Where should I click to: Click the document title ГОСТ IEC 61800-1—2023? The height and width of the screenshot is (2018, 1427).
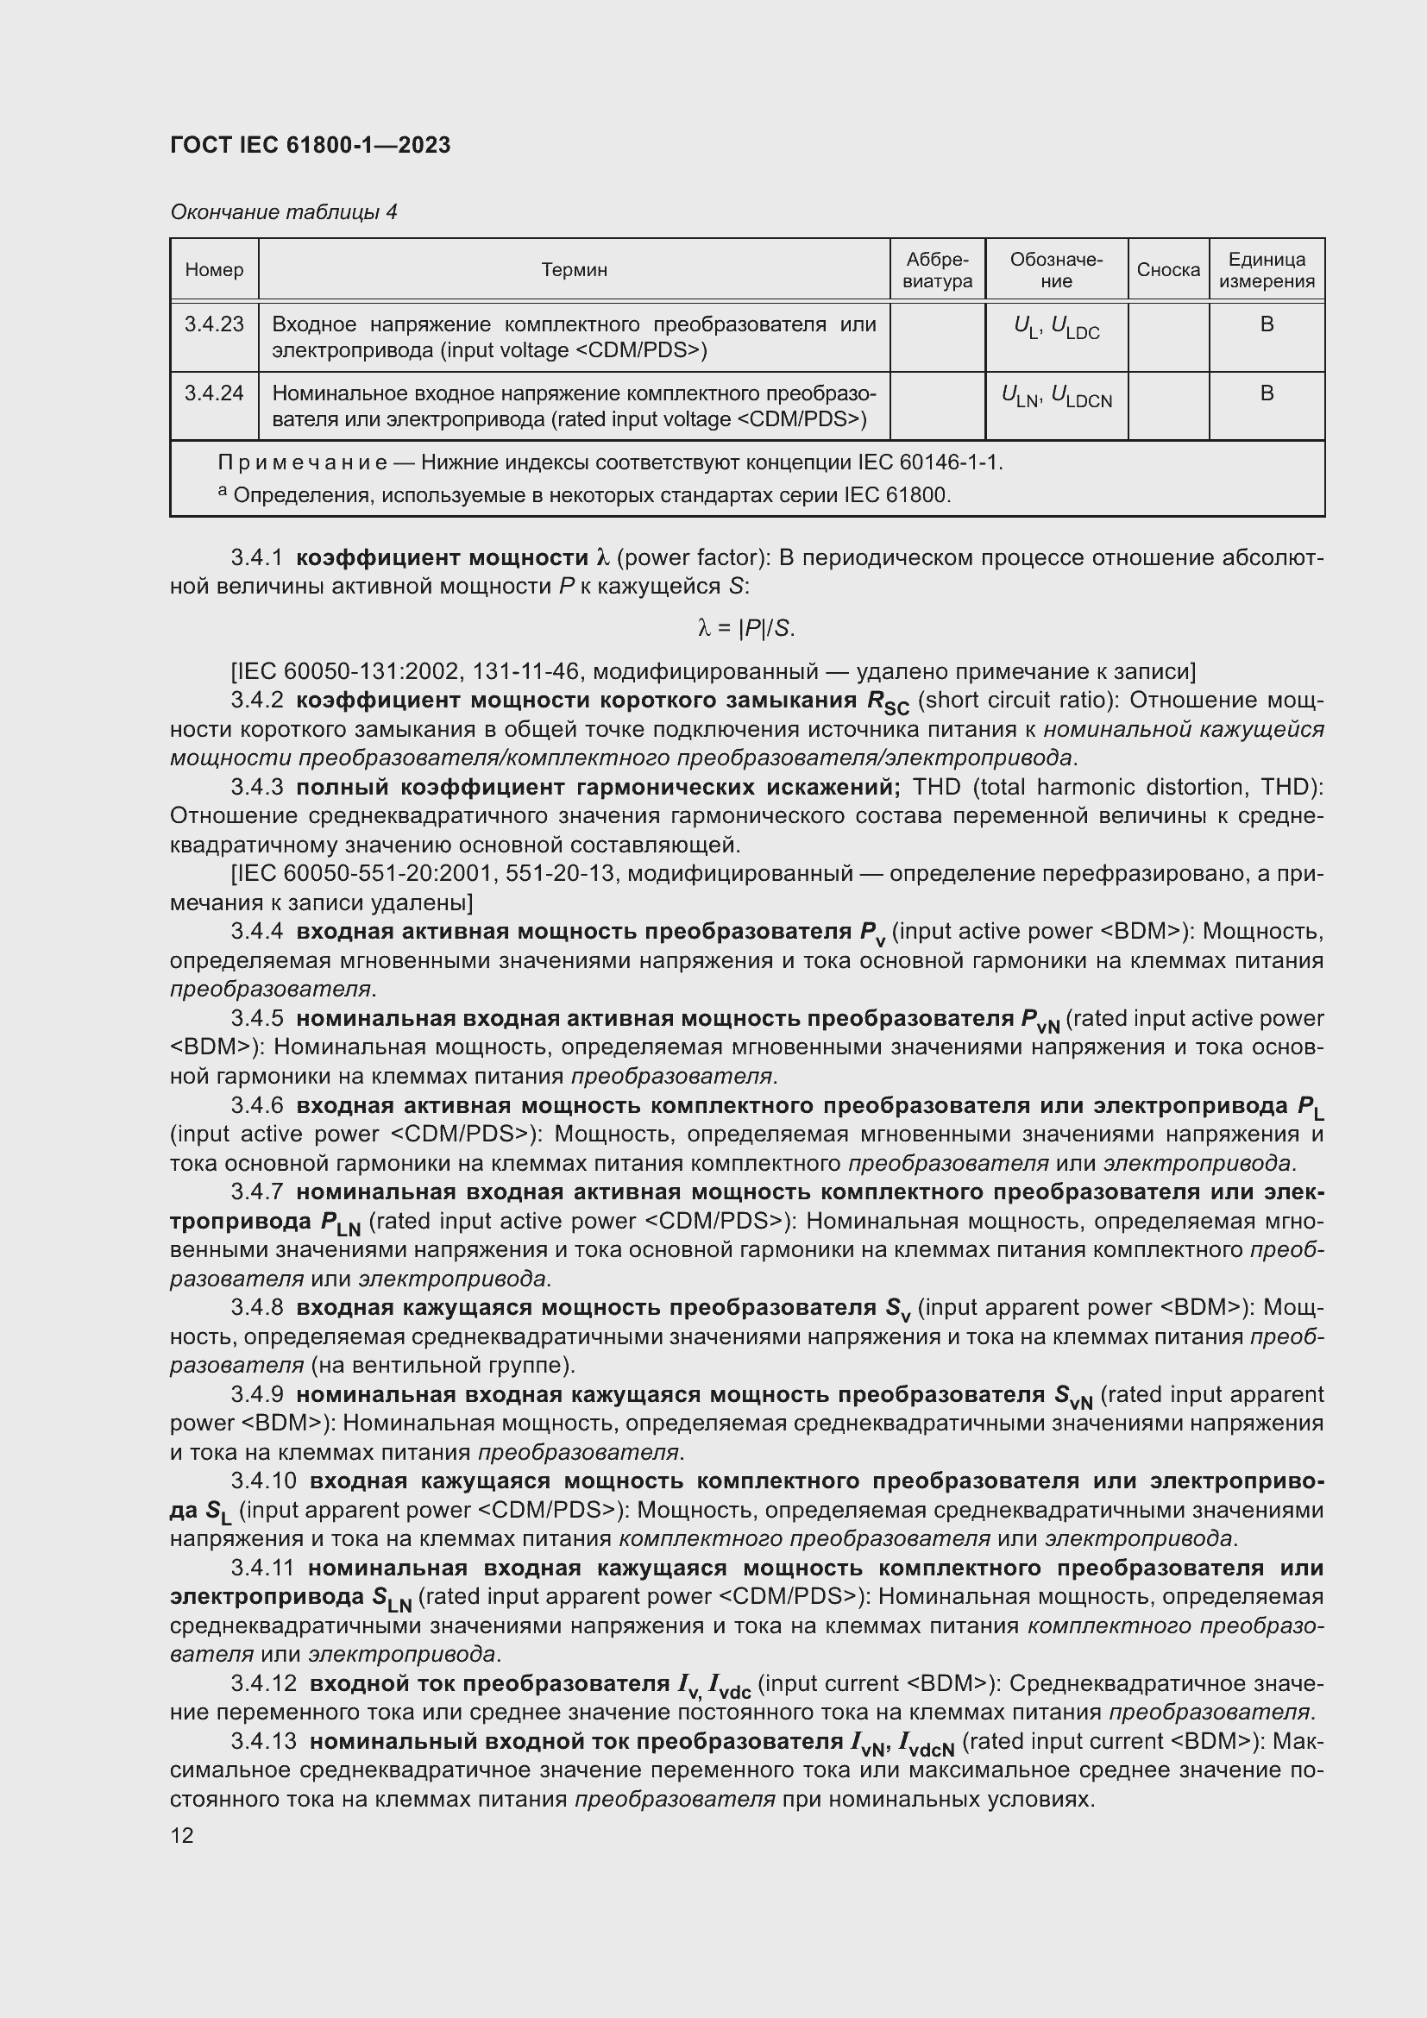point(310,145)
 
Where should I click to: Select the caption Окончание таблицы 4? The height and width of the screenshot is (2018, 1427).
point(283,212)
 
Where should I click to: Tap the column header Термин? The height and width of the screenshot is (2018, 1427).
point(574,270)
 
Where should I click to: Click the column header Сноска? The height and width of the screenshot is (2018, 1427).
point(1168,270)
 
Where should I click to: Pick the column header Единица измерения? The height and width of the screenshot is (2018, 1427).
point(1267,270)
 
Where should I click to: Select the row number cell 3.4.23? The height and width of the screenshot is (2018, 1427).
point(213,324)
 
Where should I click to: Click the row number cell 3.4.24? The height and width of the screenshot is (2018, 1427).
point(213,393)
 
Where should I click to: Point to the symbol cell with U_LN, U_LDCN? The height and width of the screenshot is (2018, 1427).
point(1056,397)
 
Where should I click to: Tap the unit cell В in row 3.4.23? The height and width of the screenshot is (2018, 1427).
point(1267,324)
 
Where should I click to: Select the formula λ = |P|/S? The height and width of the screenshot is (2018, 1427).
point(746,627)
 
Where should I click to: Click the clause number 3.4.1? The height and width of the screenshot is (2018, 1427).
point(256,557)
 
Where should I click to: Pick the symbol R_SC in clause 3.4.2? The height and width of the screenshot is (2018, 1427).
point(888,702)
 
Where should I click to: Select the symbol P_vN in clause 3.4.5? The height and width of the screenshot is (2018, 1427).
point(1040,1021)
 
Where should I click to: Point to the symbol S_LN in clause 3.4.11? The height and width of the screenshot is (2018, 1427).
point(391,1599)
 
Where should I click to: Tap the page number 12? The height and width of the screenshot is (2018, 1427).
point(182,1835)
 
